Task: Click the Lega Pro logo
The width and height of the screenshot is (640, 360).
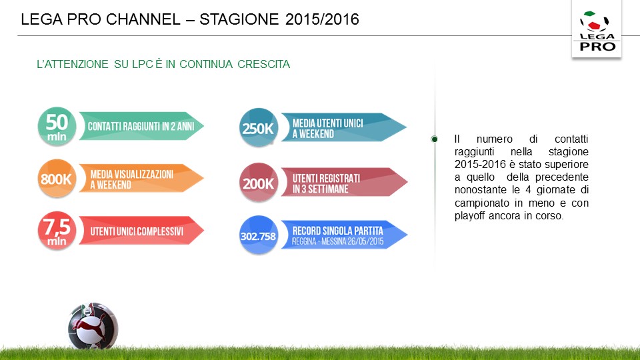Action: tap(596, 30)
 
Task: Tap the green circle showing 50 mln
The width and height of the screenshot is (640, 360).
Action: tap(57, 127)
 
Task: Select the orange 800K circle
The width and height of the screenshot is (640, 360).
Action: tap(57, 179)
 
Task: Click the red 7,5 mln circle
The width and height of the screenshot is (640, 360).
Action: tap(57, 231)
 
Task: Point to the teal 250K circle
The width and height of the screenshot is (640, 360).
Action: tap(259, 128)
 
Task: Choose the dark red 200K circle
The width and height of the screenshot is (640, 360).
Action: tap(259, 183)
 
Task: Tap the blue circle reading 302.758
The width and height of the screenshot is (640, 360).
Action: tap(259, 235)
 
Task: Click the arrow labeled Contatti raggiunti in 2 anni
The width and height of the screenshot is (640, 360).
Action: tap(141, 126)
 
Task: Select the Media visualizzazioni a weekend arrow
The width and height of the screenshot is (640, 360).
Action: tap(141, 179)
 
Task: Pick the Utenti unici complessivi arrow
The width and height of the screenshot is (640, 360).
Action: tap(141, 231)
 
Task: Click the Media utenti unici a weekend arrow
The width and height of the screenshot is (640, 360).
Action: tap(344, 128)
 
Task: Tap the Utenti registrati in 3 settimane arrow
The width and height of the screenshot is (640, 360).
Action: tap(344, 182)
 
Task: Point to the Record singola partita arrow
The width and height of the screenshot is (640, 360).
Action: tap(344, 235)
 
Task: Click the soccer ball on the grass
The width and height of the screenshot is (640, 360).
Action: tap(93, 327)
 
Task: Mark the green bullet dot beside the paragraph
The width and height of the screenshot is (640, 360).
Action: tap(434, 139)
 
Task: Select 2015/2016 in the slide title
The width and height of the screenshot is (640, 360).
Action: tap(322, 19)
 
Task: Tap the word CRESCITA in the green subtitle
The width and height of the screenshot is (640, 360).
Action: tap(264, 64)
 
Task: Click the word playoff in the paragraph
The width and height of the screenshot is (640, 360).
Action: tap(470, 216)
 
